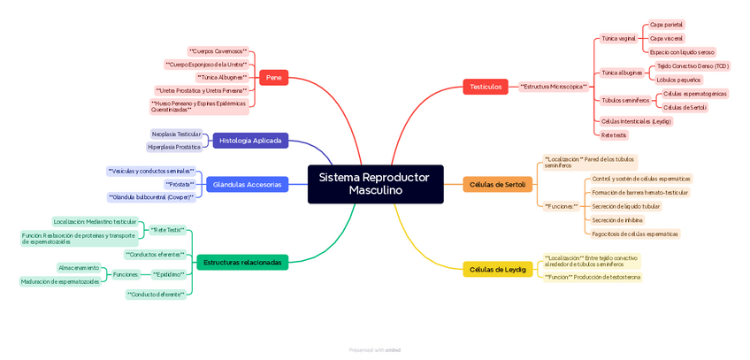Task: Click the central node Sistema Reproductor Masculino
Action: (375, 184)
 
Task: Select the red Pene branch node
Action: (273, 78)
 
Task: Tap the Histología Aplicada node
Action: (250, 141)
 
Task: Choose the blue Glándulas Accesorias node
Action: (247, 185)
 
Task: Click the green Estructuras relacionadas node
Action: (242, 263)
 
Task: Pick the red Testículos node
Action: (486, 87)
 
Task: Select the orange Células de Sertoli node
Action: (497, 185)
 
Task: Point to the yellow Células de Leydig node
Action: (497, 270)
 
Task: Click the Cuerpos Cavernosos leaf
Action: (218, 51)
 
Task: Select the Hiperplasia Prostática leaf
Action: (174, 147)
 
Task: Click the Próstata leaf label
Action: (180, 184)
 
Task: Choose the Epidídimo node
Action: (169, 274)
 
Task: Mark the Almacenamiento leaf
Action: (79, 268)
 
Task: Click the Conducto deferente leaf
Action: (156, 295)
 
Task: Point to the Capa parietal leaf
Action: (666, 25)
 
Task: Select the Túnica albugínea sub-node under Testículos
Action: (621, 73)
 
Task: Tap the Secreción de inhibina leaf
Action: (617, 220)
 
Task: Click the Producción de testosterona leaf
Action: (593, 277)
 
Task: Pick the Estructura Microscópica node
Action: (554, 87)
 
